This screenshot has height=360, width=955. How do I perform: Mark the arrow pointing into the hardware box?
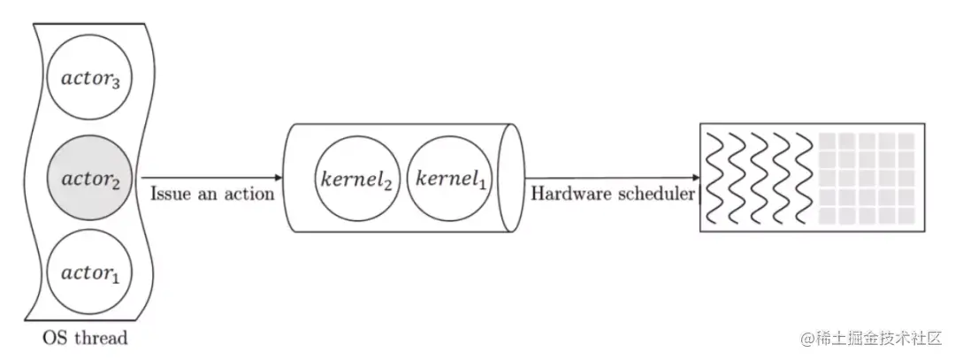tap(610, 177)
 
